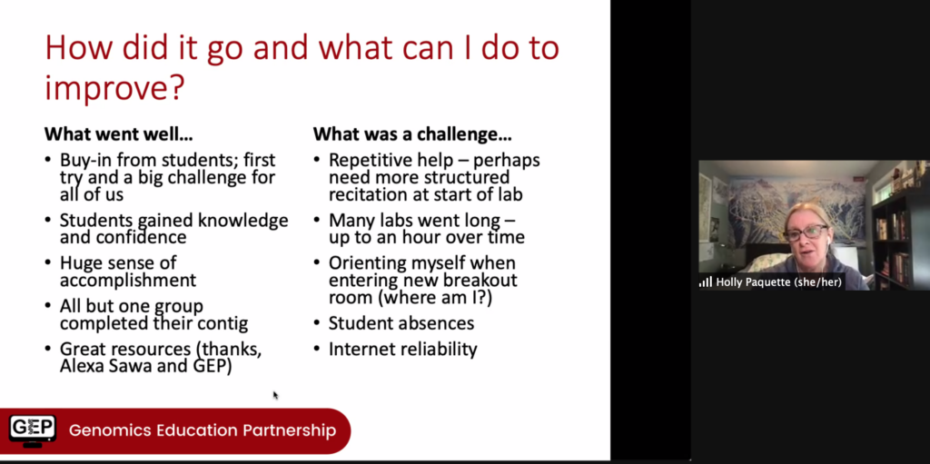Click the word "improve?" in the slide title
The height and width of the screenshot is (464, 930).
click(114, 88)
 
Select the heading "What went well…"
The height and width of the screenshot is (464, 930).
click(119, 134)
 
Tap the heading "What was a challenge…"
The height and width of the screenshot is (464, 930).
click(412, 134)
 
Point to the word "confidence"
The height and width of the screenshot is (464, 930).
click(123, 237)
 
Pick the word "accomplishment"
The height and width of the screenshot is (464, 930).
click(127, 280)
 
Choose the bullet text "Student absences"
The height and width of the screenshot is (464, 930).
click(401, 323)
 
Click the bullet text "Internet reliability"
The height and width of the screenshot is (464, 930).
click(402, 350)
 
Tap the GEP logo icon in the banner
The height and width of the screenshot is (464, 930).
click(33, 430)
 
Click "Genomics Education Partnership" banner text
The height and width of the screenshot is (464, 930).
click(203, 430)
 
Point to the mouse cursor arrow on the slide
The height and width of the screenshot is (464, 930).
click(275, 395)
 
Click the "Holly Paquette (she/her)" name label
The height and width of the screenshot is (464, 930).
click(778, 282)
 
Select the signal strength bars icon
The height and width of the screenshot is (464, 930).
click(705, 282)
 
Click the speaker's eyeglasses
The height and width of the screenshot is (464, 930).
click(806, 232)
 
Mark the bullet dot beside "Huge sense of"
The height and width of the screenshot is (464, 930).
click(48, 262)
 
